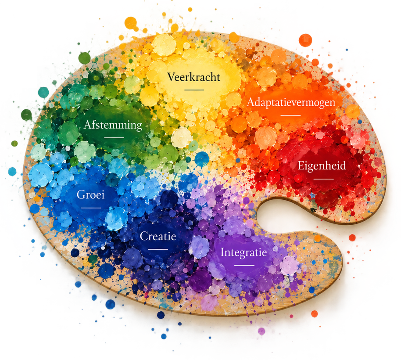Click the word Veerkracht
point(193,77)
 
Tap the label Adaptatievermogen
point(291,103)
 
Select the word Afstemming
point(113,125)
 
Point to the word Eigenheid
point(322,166)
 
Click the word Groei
point(90,195)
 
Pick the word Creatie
point(158,236)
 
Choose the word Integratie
point(243,252)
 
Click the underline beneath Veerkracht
point(194,90)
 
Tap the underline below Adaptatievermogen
point(290,115)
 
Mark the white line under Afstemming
point(114,138)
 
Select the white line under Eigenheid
point(323,179)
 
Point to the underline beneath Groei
point(91,208)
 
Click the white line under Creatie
point(158,249)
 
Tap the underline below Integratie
point(244,265)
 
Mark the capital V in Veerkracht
point(172,77)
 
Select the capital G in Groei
point(81,195)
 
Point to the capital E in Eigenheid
point(301,166)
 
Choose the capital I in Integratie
point(222,252)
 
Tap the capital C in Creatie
point(144,236)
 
